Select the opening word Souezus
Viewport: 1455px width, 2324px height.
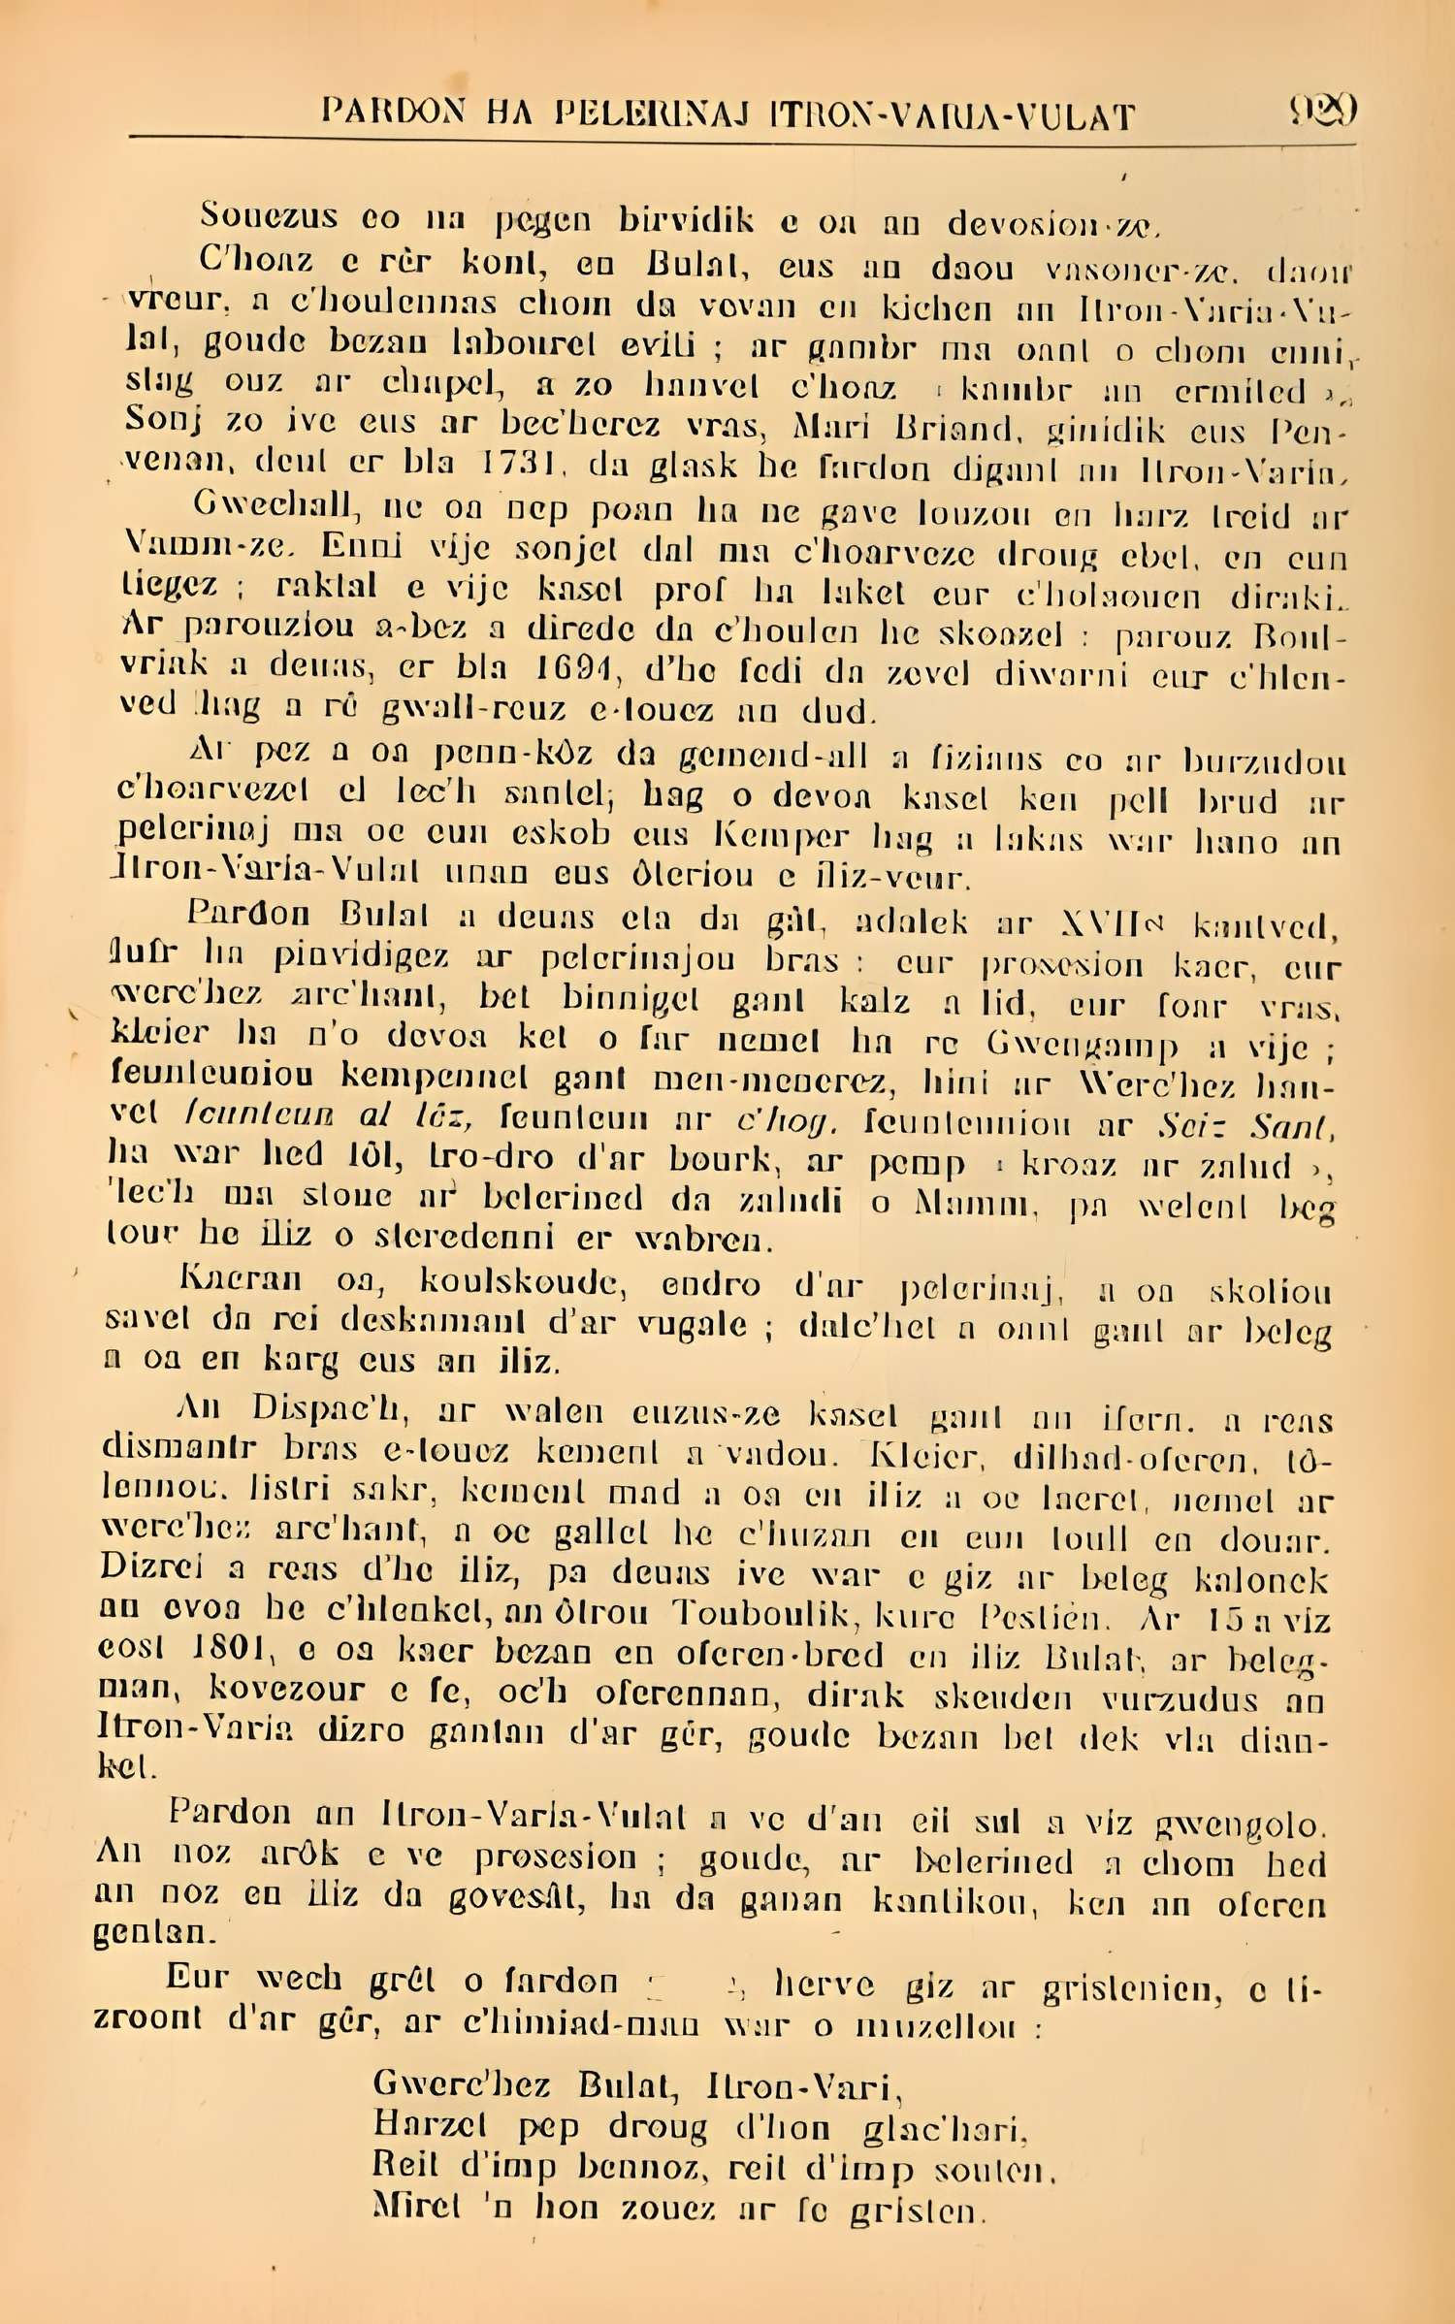pyautogui.click(x=269, y=216)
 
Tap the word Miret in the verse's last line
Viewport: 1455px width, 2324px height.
pyautogui.click(x=417, y=2207)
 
